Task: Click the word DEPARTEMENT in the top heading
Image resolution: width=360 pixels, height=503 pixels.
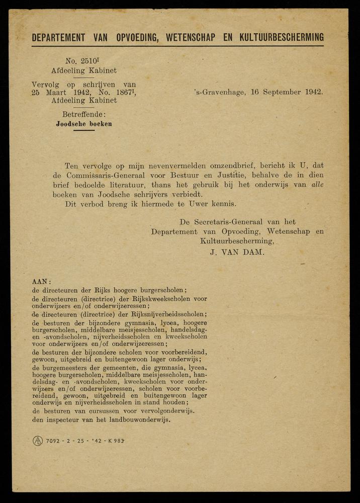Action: pos(59,37)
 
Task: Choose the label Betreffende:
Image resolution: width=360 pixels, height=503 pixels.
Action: pos(84,115)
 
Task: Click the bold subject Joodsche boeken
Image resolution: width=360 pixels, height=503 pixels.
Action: pos(84,124)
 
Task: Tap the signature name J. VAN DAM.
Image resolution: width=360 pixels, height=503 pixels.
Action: pos(237,253)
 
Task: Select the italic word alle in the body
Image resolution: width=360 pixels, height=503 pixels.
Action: pos(316,185)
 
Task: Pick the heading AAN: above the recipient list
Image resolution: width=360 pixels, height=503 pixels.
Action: pos(41,282)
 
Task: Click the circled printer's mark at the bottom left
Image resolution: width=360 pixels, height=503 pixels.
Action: pos(38,441)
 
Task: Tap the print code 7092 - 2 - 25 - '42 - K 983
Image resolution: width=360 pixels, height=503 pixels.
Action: pos(85,441)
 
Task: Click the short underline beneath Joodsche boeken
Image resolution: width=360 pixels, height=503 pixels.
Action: pos(84,130)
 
